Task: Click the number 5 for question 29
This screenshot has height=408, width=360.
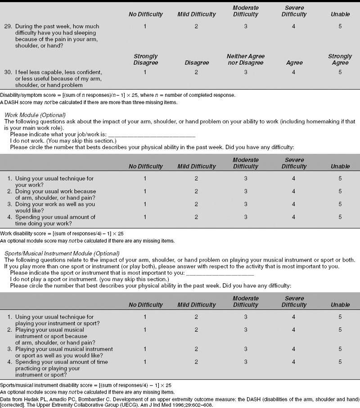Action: [x=340, y=27]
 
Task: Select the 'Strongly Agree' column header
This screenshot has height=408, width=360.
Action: [x=340, y=59]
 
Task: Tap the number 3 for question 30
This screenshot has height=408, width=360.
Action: [x=246, y=72]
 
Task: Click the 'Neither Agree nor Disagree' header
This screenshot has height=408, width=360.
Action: [x=246, y=59]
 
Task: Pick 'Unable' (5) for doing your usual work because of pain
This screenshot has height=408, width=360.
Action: [x=340, y=191]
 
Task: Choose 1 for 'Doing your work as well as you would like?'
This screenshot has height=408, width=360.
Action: [x=145, y=204]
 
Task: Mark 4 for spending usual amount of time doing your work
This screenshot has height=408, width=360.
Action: [x=294, y=217]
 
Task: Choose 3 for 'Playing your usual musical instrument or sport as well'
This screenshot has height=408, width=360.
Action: [x=246, y=349]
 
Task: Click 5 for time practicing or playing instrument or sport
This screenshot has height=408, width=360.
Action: [x=340, y=362]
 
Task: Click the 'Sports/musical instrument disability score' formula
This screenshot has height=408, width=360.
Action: [x=86, y=385]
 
